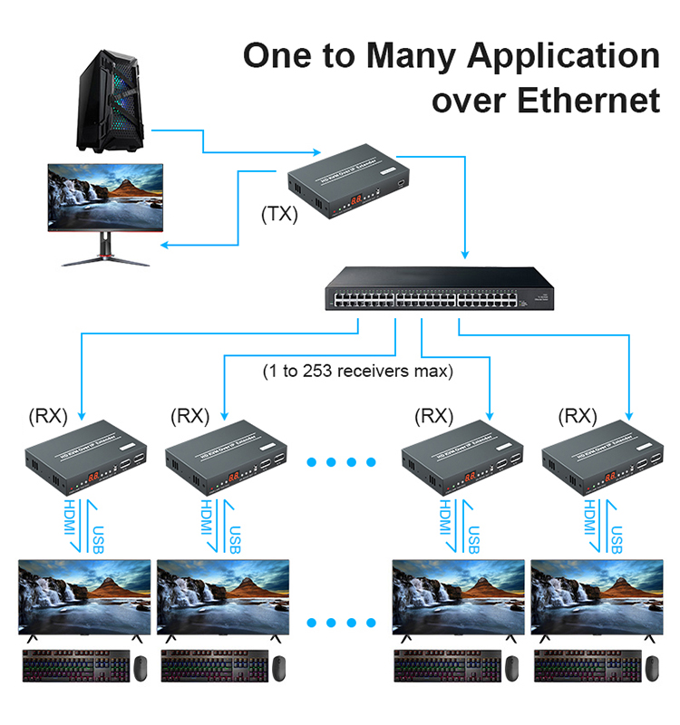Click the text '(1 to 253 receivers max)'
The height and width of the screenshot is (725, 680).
pyautogui.click(x=358, y=371)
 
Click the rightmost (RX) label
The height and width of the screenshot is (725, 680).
pyautogui.click(x=578, y=416)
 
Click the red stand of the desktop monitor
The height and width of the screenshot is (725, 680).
pyautogui.click(x=106, y=247)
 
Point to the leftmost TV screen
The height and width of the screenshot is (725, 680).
pyautogui.click(x=85, y=598)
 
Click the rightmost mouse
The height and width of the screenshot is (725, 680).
pyautogui.click(x=648, y=668)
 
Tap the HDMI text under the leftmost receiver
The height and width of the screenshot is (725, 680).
pyautogui.click(x=69, y=526)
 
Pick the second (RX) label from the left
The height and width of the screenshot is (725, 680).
pyautogui.click(x=189, y=416)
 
